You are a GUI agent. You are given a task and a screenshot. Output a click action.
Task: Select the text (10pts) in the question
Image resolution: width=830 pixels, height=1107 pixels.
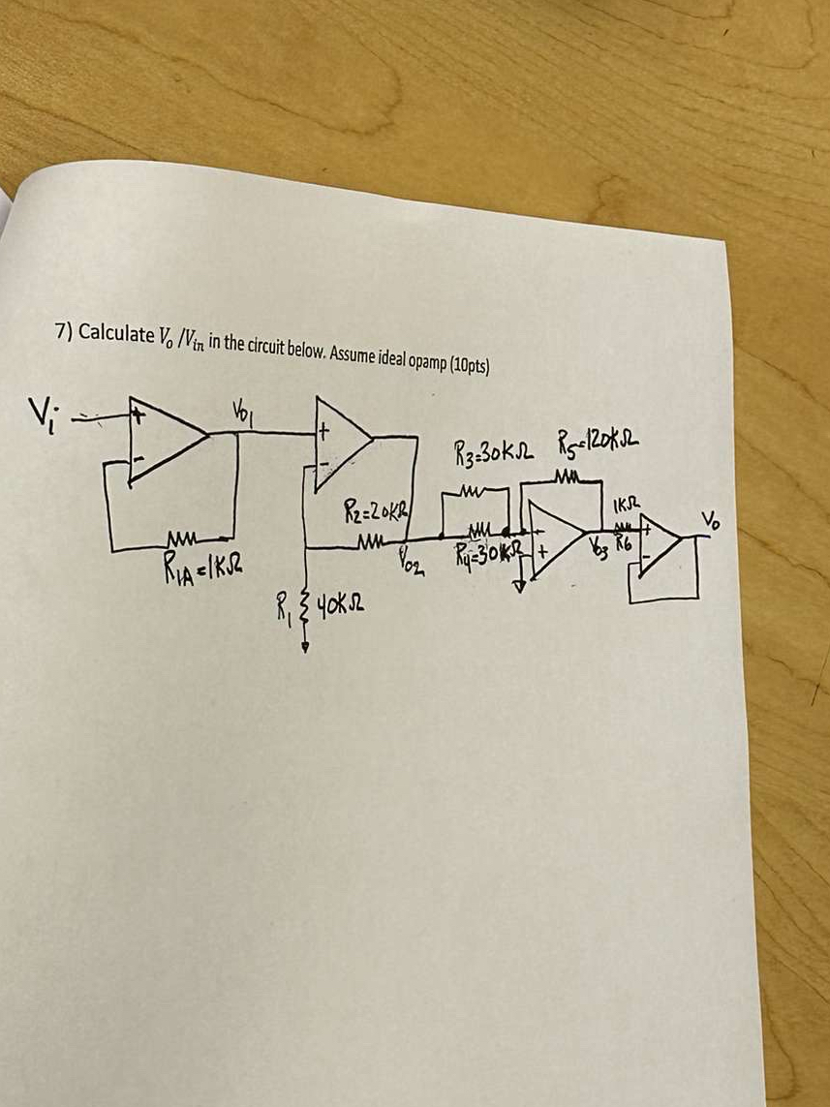[x=464, y=365]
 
